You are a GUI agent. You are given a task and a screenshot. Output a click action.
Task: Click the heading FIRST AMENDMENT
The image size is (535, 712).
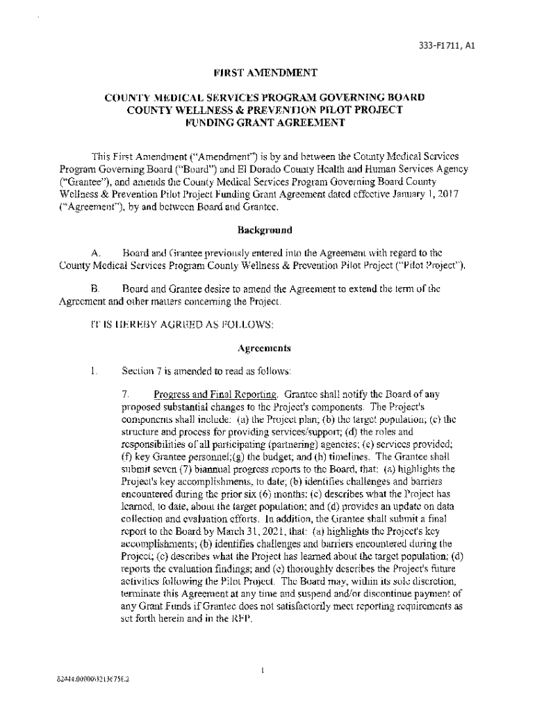coord(267,72)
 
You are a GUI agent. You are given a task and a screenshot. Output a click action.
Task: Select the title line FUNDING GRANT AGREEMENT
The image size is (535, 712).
coord(267,123)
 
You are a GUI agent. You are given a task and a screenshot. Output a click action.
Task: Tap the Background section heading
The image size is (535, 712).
coord(265,230)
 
